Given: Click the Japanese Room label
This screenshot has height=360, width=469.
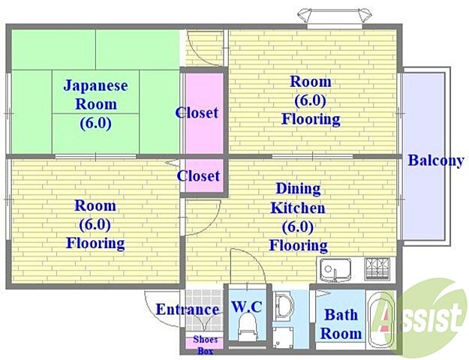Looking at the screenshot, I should tap(95, 94).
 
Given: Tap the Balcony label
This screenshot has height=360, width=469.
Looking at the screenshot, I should tap(435, 160).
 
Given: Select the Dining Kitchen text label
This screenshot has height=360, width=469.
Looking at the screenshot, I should tap(299, 198).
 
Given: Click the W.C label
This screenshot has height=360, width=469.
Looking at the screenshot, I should tap(246, 307).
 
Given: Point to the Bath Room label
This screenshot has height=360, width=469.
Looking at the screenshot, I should tap(341, 323).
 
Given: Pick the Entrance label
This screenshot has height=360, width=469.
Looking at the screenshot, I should tap(187, 309).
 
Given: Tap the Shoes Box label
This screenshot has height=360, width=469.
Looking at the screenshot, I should tap(206, 344).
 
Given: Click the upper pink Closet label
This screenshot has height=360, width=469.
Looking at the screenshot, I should tap(197, 113).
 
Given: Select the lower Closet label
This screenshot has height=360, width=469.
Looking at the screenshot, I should tap(198, 176).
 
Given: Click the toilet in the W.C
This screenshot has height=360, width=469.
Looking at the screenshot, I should tap(245, 328).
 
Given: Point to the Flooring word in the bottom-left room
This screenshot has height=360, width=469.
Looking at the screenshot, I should tap(95, 243).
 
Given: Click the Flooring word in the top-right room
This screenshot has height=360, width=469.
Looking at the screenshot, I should tap(311, 118).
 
